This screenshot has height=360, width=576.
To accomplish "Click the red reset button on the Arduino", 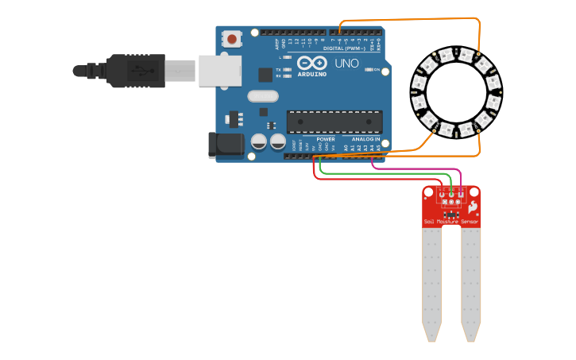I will coord(232,38).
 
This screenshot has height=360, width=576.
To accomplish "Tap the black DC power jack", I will coord(224,144).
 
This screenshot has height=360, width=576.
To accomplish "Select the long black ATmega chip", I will coord(334,122).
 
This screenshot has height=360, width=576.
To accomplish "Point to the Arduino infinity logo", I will coord(311,63).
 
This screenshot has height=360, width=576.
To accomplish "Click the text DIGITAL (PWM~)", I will coord(345,48).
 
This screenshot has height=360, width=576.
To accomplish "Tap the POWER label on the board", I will coord(326,138).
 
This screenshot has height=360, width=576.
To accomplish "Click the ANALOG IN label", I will coord(365,138).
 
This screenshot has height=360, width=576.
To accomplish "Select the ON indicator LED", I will coord(369,70).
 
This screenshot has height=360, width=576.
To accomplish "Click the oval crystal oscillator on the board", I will coord(263,96).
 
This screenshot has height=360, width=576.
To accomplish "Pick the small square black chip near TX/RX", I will coord(265,75).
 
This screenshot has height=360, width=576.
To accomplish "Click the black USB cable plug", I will coord(135,70).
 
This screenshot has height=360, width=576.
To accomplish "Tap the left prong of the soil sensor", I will coord(431,282).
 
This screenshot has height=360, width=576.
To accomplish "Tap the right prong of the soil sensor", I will coord(471,282).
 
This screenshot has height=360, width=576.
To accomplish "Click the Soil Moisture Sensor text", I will coord(451,222).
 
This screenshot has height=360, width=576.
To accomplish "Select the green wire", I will coord(381,172).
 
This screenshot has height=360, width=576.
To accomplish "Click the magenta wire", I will coord(413,168).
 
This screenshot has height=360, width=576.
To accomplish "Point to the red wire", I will coord(365,178).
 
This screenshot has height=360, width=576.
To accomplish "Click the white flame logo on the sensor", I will coord(473,207).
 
